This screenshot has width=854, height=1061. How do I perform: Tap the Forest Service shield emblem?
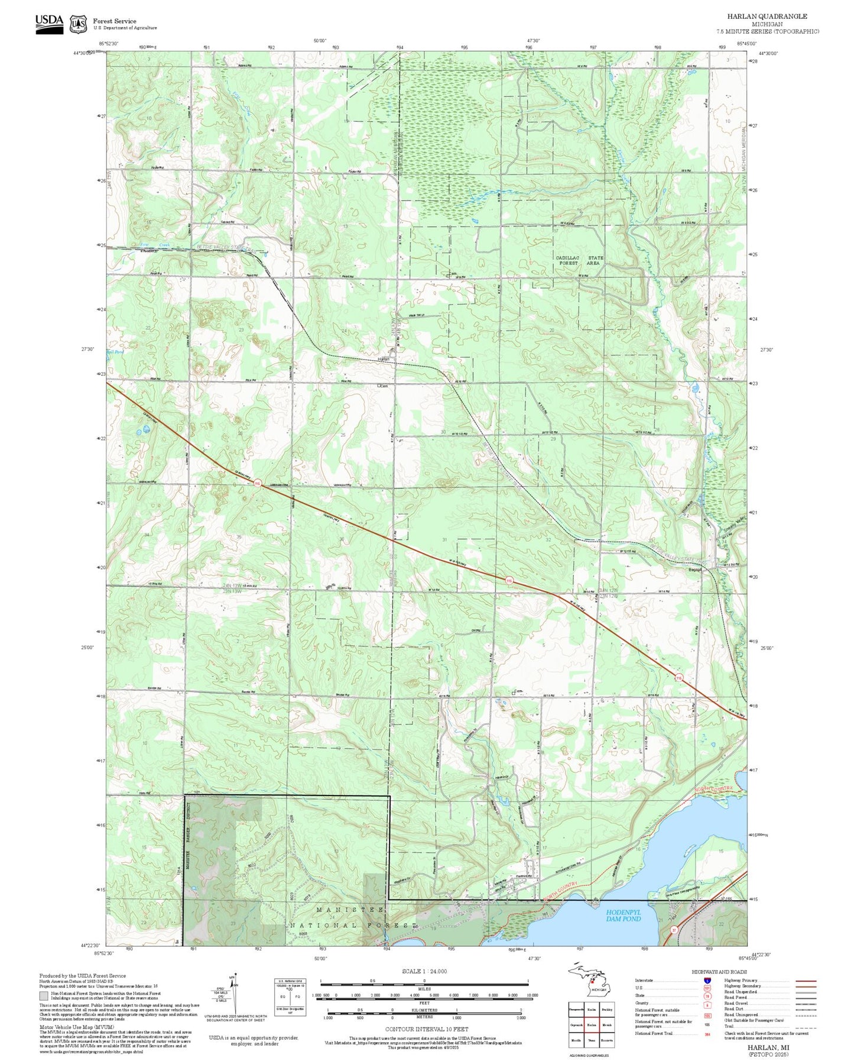coord(77,24)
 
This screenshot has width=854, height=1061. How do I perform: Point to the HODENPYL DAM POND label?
coord(624,916)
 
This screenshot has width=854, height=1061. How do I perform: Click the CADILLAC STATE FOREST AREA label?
coord(579,261)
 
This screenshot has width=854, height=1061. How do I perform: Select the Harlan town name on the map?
coord(384,359)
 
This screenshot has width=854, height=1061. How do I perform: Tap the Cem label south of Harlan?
coord(383,386)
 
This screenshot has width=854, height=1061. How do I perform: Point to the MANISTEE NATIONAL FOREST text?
coord(352,917)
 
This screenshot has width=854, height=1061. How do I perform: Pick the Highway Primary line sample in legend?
coord(806,981)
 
